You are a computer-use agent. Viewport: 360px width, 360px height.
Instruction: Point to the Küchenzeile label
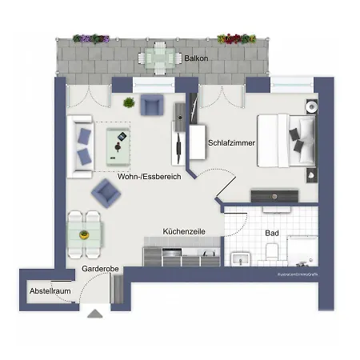click(184, 230)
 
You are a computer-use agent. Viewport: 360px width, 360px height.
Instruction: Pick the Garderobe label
click(101, 270)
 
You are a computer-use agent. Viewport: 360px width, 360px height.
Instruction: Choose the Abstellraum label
click(50, 290)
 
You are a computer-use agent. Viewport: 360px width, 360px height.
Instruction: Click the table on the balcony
click(157, 57)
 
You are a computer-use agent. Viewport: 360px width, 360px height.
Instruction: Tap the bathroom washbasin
click(240, 258)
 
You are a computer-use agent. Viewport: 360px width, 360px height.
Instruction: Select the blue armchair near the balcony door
click(151, 104)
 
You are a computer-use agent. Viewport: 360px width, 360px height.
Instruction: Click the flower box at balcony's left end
click(91, 38)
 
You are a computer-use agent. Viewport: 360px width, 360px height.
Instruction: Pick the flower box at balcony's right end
click(237, 38)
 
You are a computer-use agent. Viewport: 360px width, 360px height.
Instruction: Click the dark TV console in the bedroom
click(275, 195)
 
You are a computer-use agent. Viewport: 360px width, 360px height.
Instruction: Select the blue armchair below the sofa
click(105, 192)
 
